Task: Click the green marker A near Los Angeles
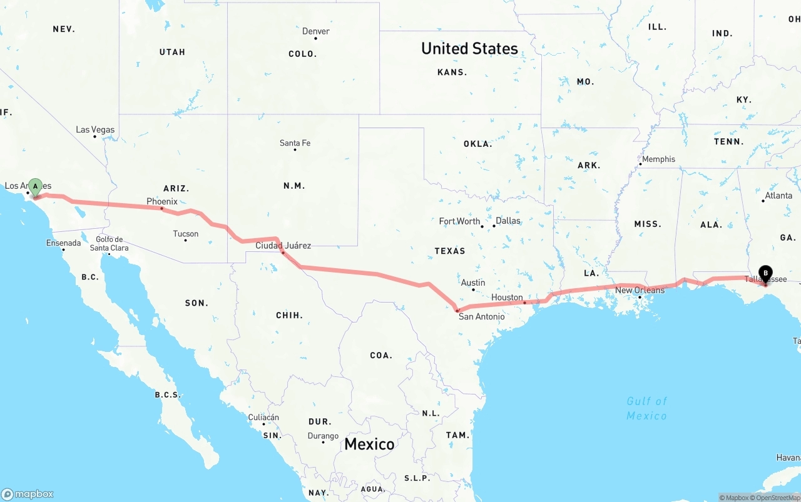[36, 187]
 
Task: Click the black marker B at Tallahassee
[765, 274]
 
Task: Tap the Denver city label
[315, 31]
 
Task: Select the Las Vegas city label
[95, 130]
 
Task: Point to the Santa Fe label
[295, 143]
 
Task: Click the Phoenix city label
[162, 201]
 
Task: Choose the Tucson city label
[185, 234]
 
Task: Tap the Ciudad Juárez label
[283, 246]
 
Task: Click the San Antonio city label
[481, 316]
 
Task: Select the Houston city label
[507, 298]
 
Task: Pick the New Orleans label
[640, 290]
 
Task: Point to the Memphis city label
[658, 159]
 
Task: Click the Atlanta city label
[778, 196]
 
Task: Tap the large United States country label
[469, 49]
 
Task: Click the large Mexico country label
[369, 444]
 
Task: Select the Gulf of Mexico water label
[646, 408]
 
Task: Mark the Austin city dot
[474, 290]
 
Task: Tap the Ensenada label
[63, 243]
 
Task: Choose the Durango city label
[323, 436]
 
